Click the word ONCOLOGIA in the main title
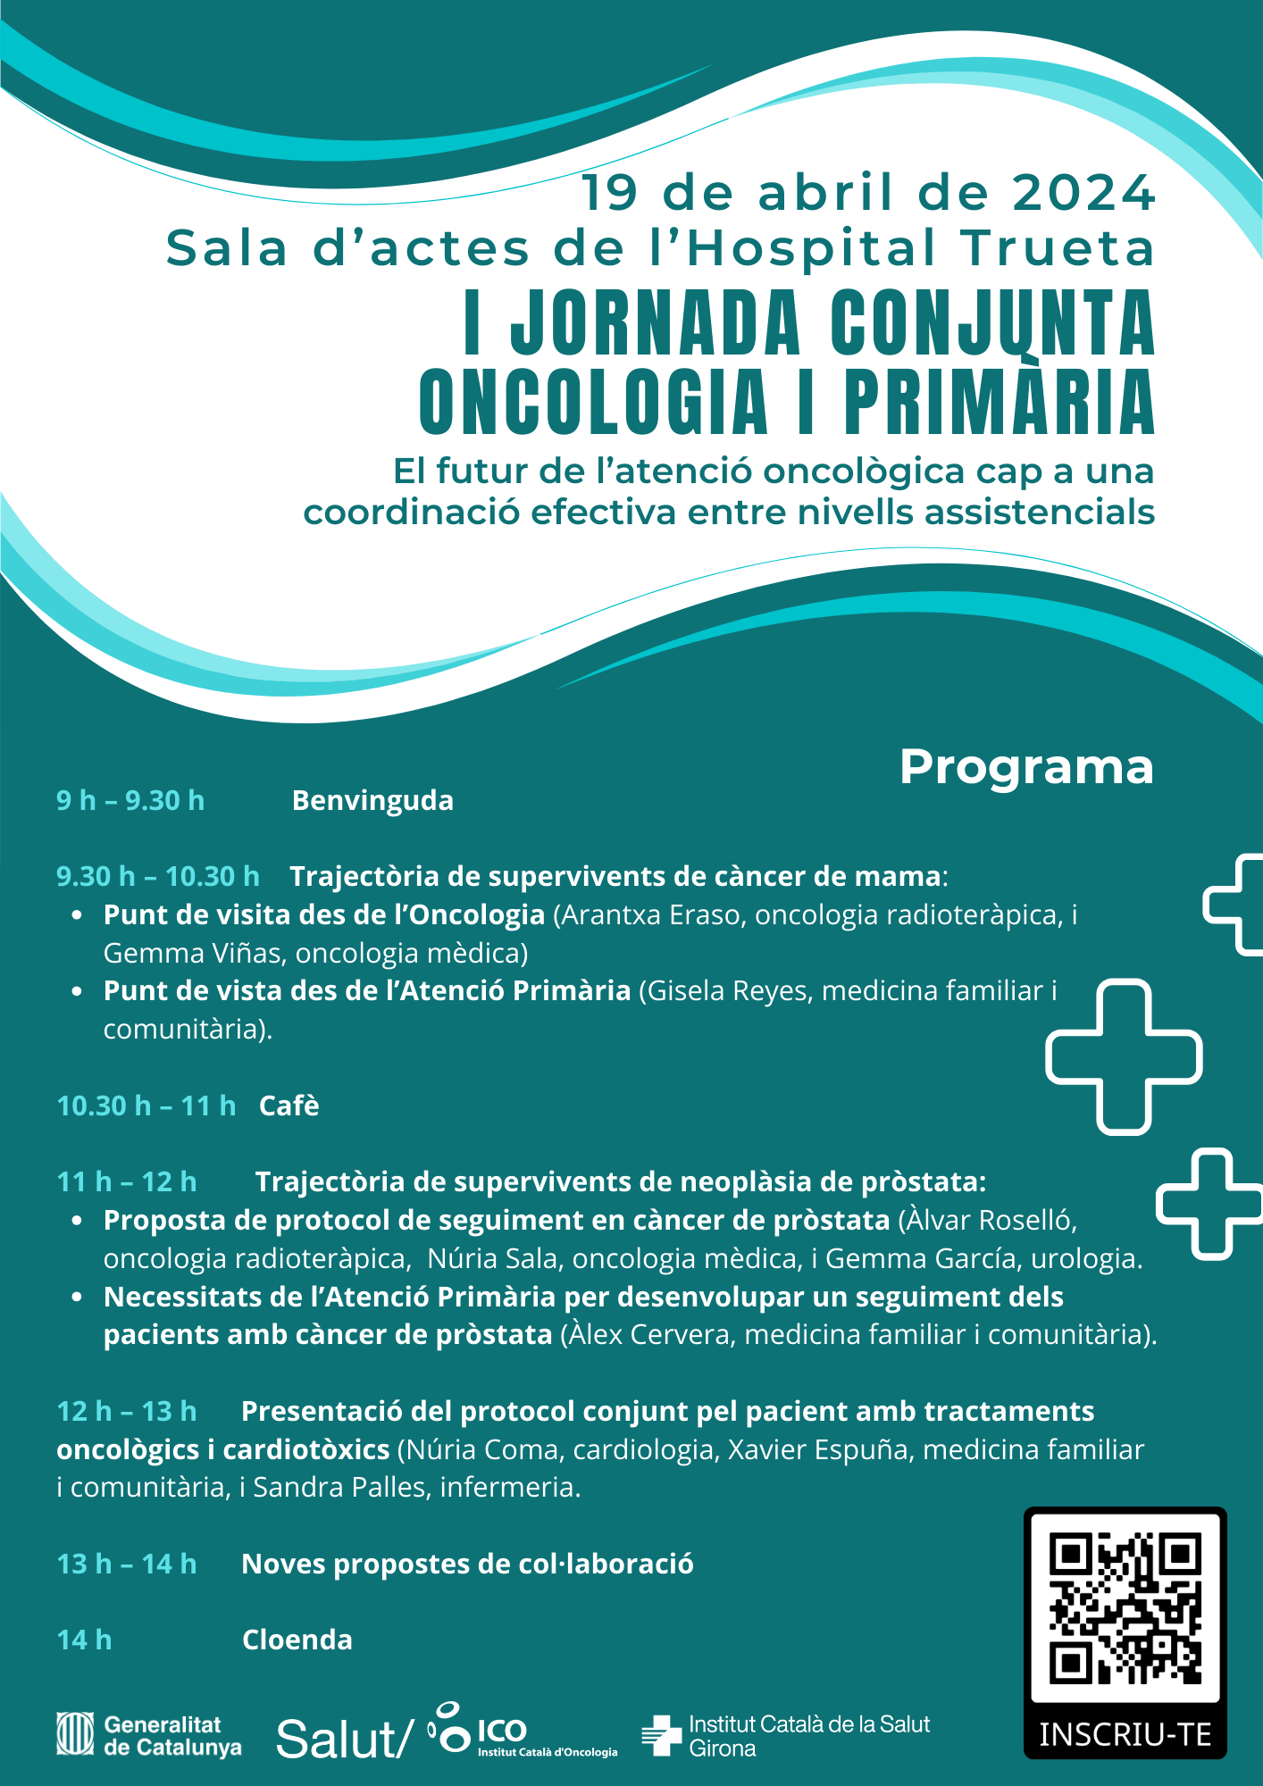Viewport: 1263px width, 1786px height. click(x=593, y=403)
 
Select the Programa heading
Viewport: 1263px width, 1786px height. click(x=1026, y=767)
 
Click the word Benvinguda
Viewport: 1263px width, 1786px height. click(x=372, y=801)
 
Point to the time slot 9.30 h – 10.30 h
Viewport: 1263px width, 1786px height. click(x=158, y=877)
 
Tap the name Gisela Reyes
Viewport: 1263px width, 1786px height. click(x=730, y=991)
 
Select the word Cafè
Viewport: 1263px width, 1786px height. click(x=289, y=1106)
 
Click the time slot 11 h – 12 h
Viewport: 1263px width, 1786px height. click(x=127, y=1182)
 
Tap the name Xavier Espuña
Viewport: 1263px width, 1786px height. click(x=821, y=1449)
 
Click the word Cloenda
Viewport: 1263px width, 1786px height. click(x=297, y=1640)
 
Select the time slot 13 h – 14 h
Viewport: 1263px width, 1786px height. click(x=127, y=1565)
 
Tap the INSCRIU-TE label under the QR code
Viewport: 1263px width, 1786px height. click(x=1125, y=1735)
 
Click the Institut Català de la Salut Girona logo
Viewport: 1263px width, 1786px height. click(x=787, y=1736)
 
